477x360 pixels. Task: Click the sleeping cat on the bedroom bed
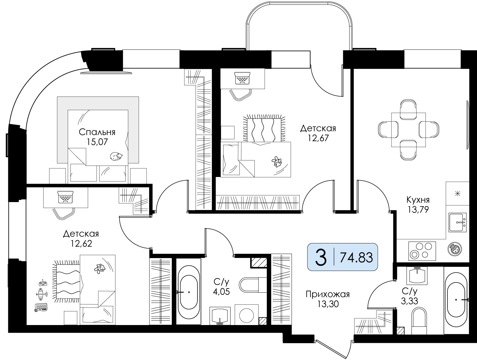pyautogui.click(x=116, y=156)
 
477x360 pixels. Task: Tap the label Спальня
pyautogui.click(x=97, y=132)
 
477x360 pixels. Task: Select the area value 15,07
pyautogui.click(x=97, y=142)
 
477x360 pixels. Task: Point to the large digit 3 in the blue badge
pyautogui.click(x=321, y=257)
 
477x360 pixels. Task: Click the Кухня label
pyautogui.click(x=418, y=200)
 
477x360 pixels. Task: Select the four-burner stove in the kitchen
pyautogui.click(x=422, y=251)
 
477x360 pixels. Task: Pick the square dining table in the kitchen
pyautogui.click(x=409, y=130)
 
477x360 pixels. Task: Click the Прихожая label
pyautogui.click(x=328, y=295)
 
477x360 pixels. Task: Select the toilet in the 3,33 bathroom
pyautogui.click(x=419, y=321)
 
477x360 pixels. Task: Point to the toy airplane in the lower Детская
pyautogui.click(x=42, y=294)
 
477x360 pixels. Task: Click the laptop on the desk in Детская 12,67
pyautogui.click(x=243, y=78)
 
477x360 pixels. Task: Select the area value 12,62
pyautogui.click(x=81, y=244)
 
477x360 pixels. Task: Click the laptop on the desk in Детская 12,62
pyautogui.click(x=66, y=197)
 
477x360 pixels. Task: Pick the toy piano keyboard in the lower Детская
pyautogui.click(x=41, y=308)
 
